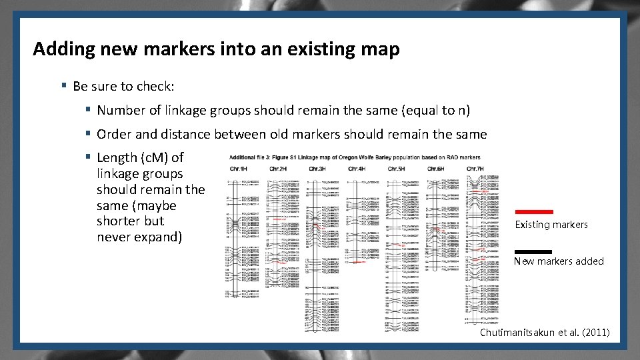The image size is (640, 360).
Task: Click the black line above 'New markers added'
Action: click(x=534, y=251)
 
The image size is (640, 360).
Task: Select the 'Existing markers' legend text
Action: click(x=551, y=225)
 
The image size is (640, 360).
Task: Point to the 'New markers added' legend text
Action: click(x=559, y=261)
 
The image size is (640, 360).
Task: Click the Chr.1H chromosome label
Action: click(x=238, y=168)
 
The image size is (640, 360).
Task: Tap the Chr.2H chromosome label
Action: click(x=278, y=168)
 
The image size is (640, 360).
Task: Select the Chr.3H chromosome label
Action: click(x=317, y=168)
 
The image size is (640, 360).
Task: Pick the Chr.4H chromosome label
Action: click(x=357, y=168)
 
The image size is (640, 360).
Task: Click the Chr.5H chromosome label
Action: click(x=396, y=168)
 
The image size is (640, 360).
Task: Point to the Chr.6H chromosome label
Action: click(x=436, y=168)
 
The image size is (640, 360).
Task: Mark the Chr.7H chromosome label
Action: click(x=475, y=168)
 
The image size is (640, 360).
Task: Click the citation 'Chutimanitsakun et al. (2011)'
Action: click(x=544, y=332)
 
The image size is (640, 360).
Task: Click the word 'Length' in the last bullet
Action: click(x=117, y=158)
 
